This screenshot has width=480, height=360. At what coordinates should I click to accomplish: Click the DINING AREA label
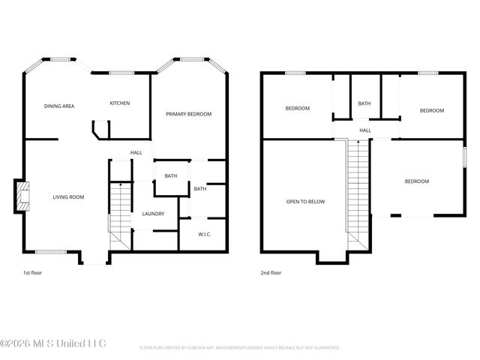pos(58,106)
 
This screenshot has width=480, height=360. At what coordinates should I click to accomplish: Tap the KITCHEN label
pos(120,103)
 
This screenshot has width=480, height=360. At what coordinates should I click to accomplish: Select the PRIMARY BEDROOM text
pos(188,114)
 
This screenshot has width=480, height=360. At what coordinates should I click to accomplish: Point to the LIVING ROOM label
pos(68,197)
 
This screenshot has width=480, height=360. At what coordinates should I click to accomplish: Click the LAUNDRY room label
pos(153,214)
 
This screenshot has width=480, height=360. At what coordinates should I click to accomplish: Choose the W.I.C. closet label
pos(205,234)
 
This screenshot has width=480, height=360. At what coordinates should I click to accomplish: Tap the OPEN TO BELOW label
pos(305,202)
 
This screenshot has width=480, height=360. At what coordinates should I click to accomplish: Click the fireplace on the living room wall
pos(23,196)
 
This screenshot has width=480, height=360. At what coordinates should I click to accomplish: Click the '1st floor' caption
pos(33,274)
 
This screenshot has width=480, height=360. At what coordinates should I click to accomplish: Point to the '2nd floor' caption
pos(271,274)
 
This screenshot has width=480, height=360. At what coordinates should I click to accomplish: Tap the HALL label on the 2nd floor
pos(365,130)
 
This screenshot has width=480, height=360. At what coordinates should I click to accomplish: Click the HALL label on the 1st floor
pos(136,153)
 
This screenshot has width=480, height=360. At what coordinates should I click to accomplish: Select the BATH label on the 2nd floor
pos(364,103)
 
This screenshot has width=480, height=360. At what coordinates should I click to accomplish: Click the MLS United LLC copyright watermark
pos(53,343)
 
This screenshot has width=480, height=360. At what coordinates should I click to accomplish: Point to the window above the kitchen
pos(121,73)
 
